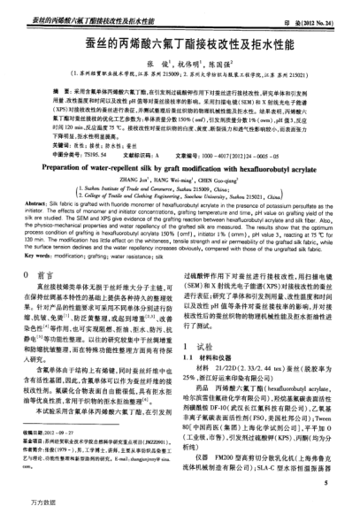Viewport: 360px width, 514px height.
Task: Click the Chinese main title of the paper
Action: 180,42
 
